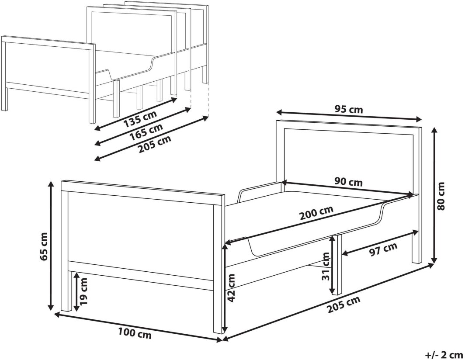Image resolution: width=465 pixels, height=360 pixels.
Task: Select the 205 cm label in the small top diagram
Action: click(x=155, y=144)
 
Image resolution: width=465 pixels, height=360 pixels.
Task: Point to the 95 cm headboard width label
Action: click(x=348, y=109)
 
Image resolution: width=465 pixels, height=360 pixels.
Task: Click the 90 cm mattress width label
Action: click(x=348, y=181)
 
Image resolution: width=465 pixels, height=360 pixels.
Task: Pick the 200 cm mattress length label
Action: click(x=316, y=213)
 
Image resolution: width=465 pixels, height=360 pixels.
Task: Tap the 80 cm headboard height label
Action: click(x=441, y=196)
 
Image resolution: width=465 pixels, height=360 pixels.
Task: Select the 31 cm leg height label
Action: click(x=326, y=266)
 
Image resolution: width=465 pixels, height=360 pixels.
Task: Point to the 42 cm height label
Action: click(x=231, y=287)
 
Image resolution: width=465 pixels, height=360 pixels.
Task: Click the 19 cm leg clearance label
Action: click(x=84, y=291)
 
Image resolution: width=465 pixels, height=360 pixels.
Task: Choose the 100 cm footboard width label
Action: click(x=135, y=334)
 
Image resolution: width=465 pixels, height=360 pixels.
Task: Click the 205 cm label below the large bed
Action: click(x=344, y=305)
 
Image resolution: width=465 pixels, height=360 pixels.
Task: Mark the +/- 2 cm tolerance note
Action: click(x=444, y=354)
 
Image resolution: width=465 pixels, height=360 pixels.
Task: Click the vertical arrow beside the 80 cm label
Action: click(x=435, y=195)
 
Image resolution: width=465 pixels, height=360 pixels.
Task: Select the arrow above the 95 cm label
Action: click(x=349, y=116)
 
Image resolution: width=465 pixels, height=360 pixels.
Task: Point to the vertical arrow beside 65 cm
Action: click(x=51, y=246)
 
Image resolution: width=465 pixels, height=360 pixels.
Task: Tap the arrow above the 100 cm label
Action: click(x=139, y=327)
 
